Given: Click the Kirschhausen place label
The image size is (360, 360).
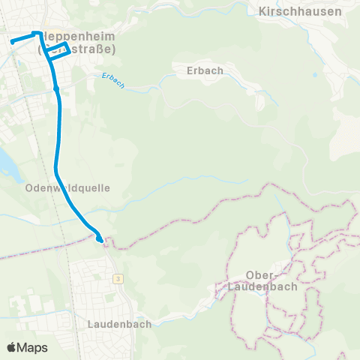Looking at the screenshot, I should coord(299,11).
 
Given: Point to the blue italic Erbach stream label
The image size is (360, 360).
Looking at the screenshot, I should coord(113,79).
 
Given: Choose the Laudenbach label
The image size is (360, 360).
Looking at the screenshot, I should coord(118,324).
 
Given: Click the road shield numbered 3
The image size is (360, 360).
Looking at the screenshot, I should coord(118,279).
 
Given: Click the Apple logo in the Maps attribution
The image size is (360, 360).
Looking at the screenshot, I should coord(12,347).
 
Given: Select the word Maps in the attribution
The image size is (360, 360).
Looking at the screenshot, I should coord(32,347).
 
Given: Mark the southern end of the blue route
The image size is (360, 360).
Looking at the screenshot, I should coord(100,239).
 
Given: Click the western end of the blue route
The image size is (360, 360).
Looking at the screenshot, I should coord(13,42).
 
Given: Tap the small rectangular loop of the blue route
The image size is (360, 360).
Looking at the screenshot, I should coord(60,50).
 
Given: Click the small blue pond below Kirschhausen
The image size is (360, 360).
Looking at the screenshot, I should coord(315,75).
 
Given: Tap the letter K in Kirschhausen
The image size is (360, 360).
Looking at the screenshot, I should coord(262,11).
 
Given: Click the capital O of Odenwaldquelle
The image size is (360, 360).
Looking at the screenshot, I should coord(28,187).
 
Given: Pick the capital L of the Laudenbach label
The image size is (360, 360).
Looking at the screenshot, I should coord(91,324).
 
